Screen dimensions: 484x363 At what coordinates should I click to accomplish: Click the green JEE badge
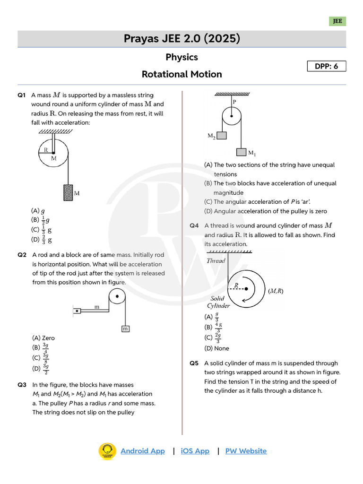point(337,21)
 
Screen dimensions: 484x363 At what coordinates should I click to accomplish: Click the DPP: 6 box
point(327,66)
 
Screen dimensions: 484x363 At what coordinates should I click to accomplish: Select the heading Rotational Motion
point(181,74)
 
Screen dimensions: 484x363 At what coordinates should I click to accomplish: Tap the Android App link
point(143,451)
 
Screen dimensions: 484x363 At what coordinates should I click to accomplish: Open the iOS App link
point(195,451)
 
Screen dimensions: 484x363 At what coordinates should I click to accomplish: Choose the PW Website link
point(246,451)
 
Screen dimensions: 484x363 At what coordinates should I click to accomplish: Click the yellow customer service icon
point(107,451)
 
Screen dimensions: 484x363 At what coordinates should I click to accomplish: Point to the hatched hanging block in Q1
point(68,192)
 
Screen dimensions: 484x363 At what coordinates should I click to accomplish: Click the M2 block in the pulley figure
point(222,135)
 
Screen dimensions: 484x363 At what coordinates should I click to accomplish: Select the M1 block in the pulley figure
point(241,152)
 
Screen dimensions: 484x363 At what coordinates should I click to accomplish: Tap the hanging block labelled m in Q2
point(126,328)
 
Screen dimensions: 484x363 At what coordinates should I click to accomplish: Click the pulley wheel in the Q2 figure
point(117,298)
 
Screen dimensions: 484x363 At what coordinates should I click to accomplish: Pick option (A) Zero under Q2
point(43,338)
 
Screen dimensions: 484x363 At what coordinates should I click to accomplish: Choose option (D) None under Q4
point(216,348)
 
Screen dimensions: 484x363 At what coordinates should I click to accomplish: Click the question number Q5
point(194,363)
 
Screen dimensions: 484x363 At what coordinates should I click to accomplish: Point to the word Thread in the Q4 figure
point(216,260)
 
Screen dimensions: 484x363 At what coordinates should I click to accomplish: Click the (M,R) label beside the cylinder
point(276,291)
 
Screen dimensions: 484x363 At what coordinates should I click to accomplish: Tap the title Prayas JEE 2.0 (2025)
point(181,39)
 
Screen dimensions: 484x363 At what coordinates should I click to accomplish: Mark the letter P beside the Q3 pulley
point(234,102)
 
